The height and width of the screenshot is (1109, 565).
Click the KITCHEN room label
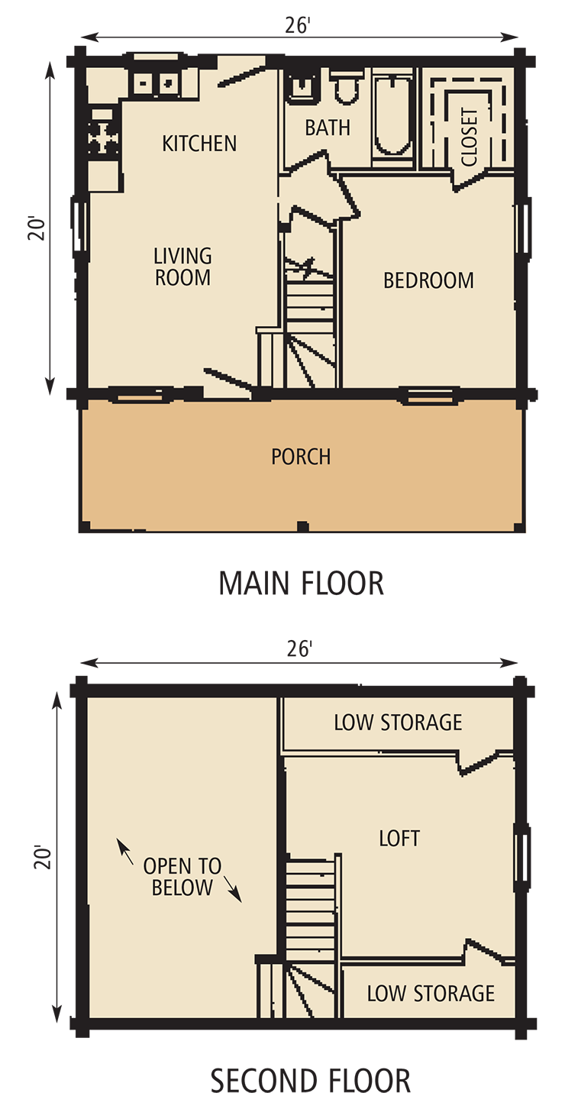(199, 144)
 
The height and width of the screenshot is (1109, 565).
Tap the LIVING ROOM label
(182, 267)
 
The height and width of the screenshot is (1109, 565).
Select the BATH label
(328, 128)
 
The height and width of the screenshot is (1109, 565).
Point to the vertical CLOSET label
(470, 137)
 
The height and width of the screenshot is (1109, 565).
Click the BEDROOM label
(428, 281)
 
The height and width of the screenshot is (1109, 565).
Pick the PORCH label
(301, 457)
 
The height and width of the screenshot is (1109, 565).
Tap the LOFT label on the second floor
(399, 839)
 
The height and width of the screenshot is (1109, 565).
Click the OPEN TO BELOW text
(182, 877)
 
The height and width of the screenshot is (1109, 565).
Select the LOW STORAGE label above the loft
(398, 723)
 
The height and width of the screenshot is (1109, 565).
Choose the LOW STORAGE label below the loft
(431, 994)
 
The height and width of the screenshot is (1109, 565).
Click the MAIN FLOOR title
(301, 584)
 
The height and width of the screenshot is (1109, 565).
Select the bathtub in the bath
(392, 117)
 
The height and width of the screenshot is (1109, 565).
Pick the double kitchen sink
(155, 82)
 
